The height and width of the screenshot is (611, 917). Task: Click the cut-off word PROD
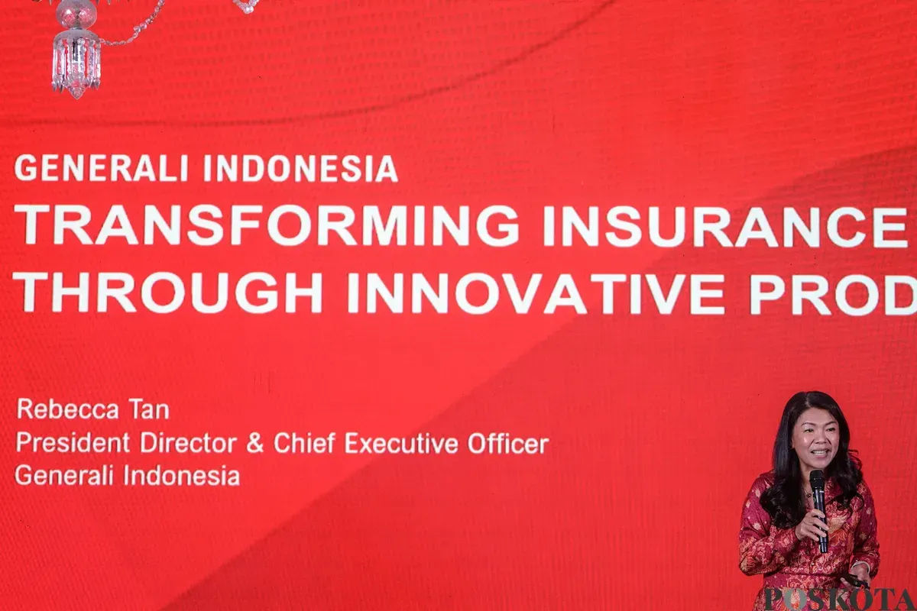[x=833, y=293]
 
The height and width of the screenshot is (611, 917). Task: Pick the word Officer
[x=507, y=443]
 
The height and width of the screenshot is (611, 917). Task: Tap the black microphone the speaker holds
[x=818, y=504]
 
